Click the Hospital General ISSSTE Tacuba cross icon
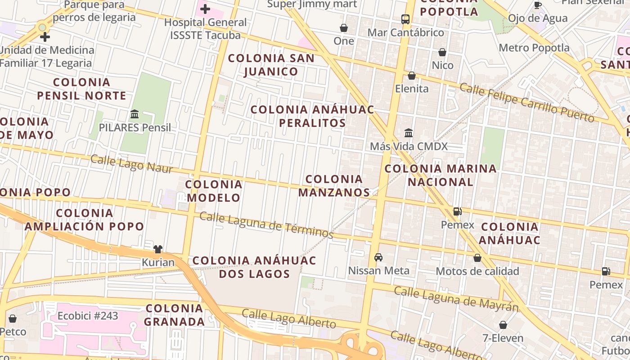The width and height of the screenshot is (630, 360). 205,9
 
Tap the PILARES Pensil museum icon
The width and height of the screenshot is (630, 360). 135,114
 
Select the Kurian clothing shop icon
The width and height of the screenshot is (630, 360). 157,249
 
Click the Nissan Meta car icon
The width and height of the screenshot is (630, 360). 378,257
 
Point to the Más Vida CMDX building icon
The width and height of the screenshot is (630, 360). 409,133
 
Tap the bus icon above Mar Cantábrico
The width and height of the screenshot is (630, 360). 405,19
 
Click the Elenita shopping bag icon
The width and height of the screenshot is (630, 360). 412,76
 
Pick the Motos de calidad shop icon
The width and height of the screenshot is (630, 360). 477,258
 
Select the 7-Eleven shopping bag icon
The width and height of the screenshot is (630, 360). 503,325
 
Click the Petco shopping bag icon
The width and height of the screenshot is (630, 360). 13,319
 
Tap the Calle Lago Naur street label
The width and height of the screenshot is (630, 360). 131,164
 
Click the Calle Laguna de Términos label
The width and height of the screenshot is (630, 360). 266,225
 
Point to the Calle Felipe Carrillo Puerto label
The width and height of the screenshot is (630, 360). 526,102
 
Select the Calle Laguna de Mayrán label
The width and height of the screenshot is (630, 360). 456,298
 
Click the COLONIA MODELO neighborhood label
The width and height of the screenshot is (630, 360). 214,191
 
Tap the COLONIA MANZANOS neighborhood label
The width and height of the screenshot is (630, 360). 334,186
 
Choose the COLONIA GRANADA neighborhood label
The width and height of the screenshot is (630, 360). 175,315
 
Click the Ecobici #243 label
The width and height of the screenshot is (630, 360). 88,316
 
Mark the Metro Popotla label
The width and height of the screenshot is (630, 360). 534,48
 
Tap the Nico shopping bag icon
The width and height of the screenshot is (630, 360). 442,52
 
